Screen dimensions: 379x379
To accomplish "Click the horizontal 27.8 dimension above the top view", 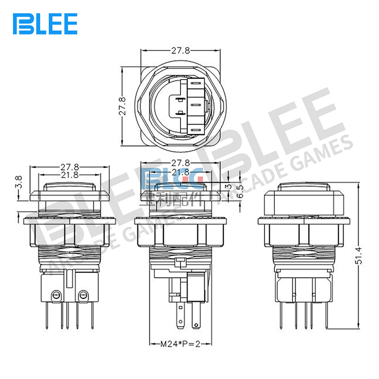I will (x=181, y=50).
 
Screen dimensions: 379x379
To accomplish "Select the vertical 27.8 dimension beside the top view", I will (x=122, y=107).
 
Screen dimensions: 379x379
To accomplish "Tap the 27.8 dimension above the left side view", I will (x=70, y=167).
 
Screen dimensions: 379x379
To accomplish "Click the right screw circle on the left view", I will (x=84, y=295).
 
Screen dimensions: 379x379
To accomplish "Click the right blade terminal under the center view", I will (x=195, y=318).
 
